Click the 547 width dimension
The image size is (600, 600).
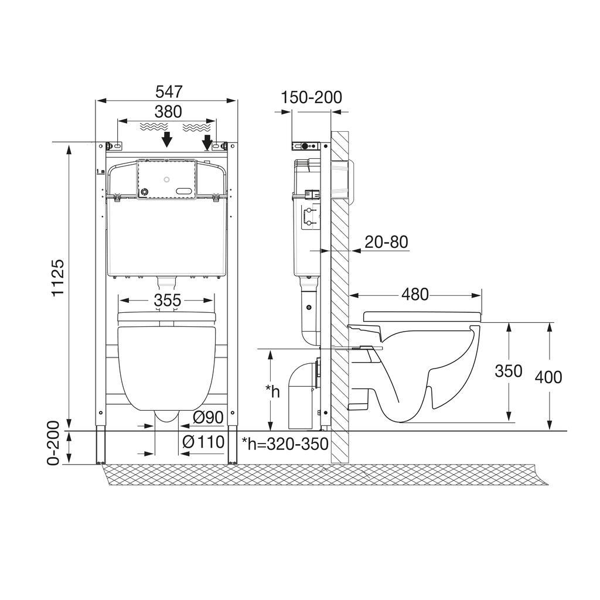[x=169, y=92]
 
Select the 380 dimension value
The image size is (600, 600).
[x=168, y=112]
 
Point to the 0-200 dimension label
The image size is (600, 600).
[x=54, y=443]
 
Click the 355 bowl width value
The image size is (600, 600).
[x=168, y=300]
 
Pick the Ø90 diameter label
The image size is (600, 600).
[x=208, y=417]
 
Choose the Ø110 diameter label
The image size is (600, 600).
[x=203, y=442]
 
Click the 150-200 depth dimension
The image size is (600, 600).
[x=312, y=97]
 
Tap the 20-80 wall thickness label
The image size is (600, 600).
[x=387, y=242]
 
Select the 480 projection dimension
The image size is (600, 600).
[x=415, y=294]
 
